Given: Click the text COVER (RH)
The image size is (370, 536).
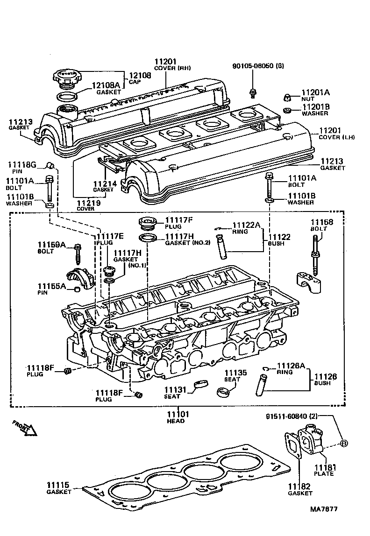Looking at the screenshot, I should [171, 68].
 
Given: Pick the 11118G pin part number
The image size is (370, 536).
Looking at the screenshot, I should [21, 164].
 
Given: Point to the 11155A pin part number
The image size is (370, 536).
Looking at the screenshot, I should [51, 286].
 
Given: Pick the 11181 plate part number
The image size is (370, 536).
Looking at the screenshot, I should [324, 467].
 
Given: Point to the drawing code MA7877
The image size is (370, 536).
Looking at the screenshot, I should [324, 509].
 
